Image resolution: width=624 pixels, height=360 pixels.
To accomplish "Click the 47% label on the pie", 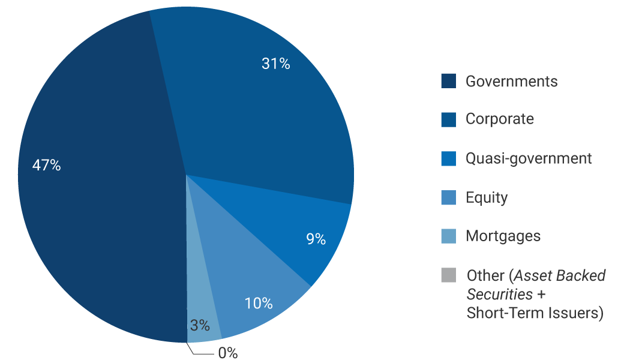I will tap(47, 166).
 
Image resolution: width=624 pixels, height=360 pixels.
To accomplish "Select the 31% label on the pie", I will tap(276, 64).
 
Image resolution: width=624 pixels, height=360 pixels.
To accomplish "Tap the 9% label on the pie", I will tap(316, 239).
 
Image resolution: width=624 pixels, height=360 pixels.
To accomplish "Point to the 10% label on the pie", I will tap(259, 303).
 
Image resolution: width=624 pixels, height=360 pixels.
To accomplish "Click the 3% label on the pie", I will tap(200, 326).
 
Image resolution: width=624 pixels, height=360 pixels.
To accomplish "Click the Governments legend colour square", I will tap(448, 81).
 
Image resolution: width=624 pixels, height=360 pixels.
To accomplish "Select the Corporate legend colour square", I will tap(448, 119).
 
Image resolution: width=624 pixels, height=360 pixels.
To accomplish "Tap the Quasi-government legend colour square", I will tap(448, 158).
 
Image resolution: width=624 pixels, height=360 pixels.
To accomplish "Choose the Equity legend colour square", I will tap(448, 197).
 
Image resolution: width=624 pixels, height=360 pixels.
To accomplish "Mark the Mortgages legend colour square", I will tap(448, 236).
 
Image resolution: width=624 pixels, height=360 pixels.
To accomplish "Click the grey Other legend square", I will tap(448, 275).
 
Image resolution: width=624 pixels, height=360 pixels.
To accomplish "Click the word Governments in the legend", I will tap(511, 81).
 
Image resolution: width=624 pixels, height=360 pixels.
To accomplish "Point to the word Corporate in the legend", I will tap(499, 119).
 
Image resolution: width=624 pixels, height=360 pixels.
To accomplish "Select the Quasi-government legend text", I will tap(529, 158).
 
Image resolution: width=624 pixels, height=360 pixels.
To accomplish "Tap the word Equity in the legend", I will tap(487, 197).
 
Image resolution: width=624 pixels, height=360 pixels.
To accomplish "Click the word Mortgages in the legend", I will tap(503, 236).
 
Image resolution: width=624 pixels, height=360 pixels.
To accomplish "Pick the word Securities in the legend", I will tap(499, 295).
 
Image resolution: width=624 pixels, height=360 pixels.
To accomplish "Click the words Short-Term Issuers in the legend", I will tap(534, 313).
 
